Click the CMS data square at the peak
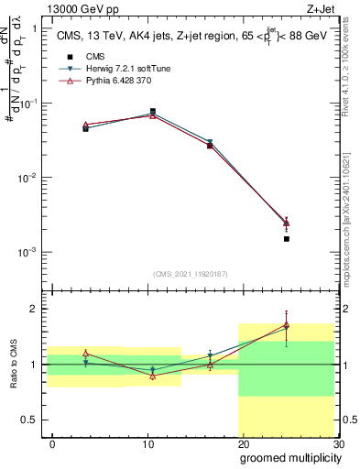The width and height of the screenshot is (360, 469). click(152, 111)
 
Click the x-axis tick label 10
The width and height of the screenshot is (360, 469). click(147, 443)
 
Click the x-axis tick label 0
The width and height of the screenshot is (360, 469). click(52, 443)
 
